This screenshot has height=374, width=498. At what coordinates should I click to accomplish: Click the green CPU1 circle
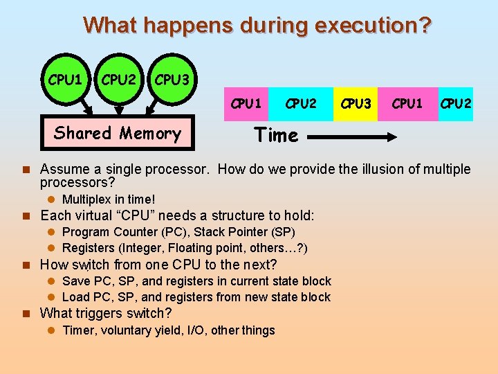tap(65, 80)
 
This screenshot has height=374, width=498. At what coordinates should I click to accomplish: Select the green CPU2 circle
tap(118, 80)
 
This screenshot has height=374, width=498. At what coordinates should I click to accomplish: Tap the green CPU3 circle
tap(172, 80)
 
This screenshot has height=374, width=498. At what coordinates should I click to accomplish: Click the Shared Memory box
tap(118, 133)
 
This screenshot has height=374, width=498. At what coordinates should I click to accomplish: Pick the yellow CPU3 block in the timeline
tap(356, 104)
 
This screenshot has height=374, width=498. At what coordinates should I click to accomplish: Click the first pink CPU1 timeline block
tap(246, 104)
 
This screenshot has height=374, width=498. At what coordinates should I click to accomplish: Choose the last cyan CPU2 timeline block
tap(456, 104)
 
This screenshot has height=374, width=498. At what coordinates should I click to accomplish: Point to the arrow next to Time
tap(352, 137)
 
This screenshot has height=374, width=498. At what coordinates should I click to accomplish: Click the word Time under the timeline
tap(276, 136)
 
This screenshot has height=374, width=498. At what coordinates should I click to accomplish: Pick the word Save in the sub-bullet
tap(75, 281)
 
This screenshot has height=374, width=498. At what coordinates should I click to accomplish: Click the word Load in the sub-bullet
tap(75, 297)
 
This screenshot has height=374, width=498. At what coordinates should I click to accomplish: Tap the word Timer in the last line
tap(79, 330)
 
